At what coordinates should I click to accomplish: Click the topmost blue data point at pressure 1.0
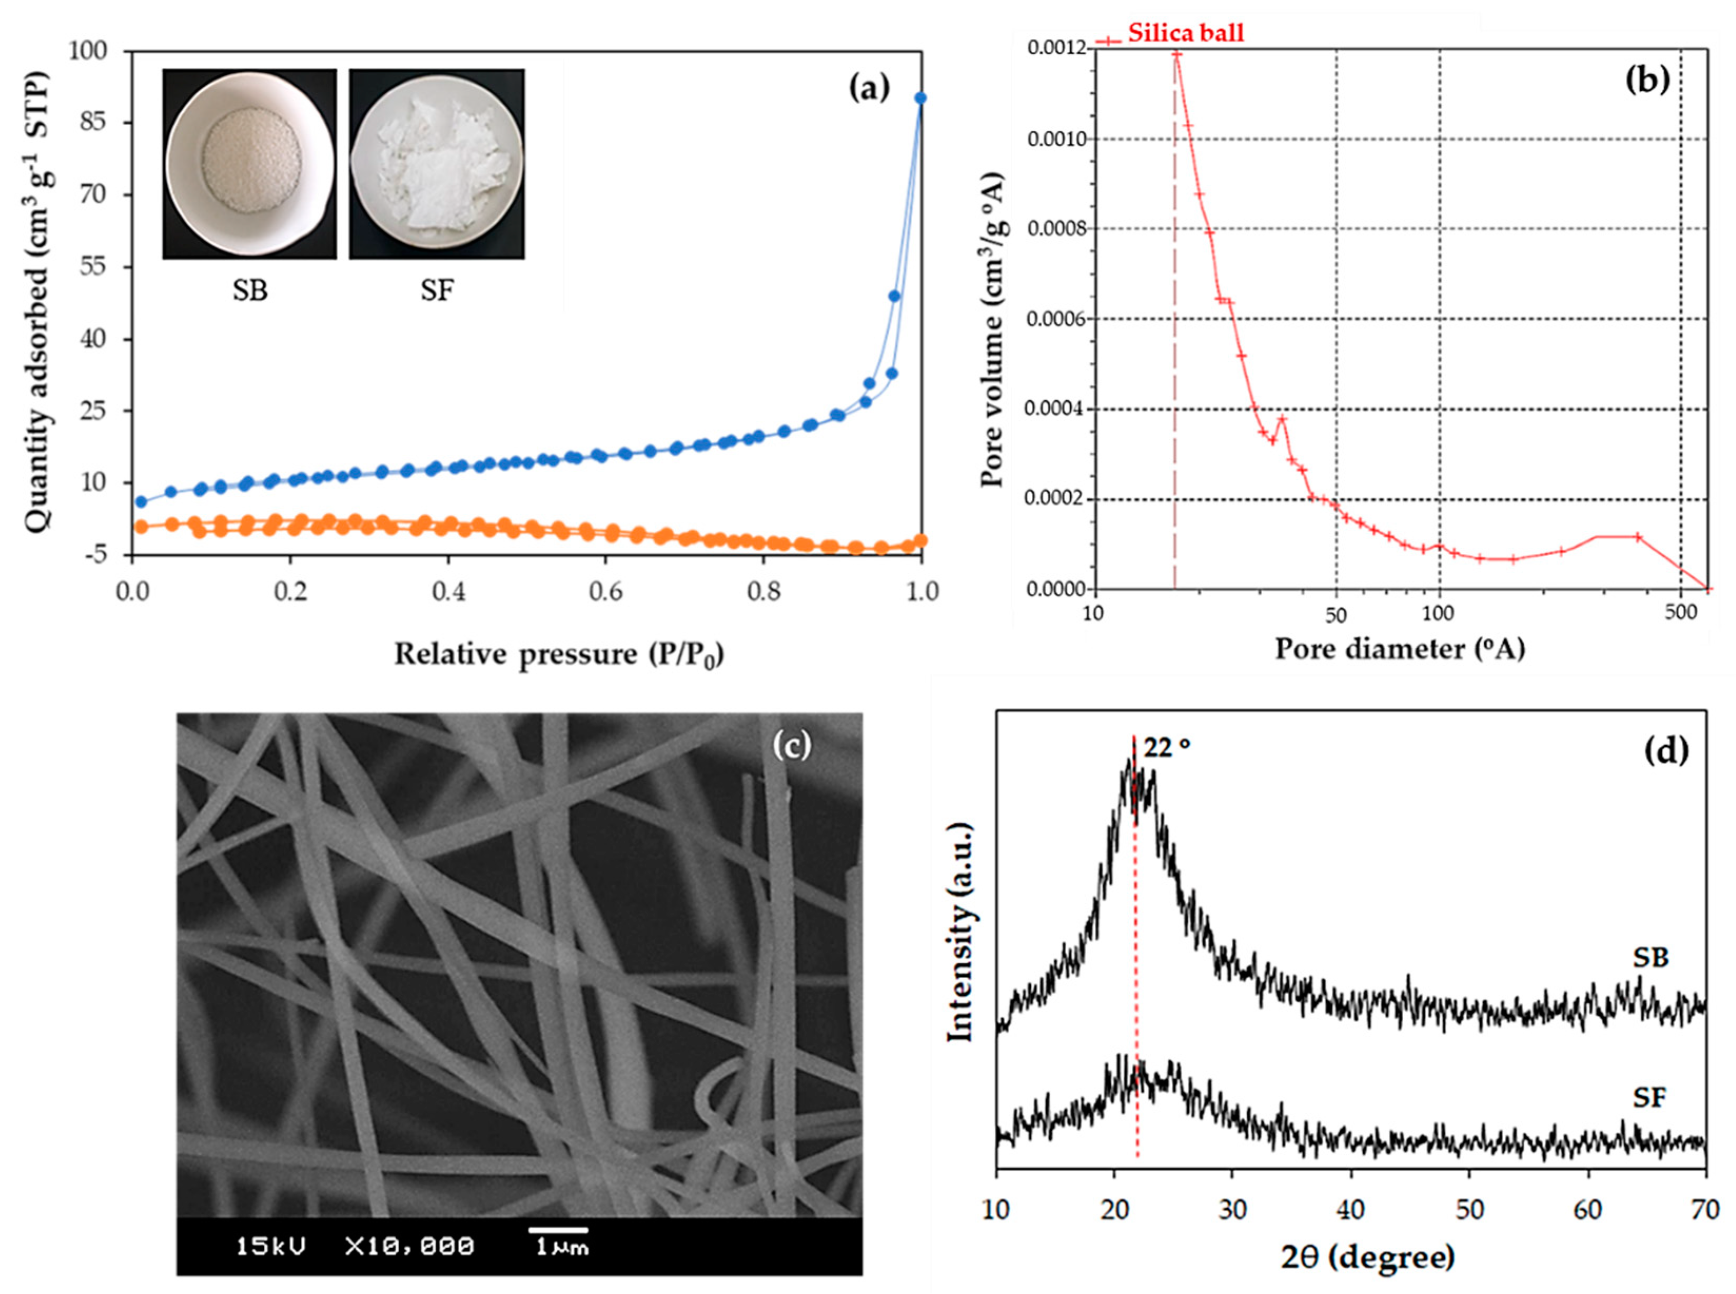tap(921, 98)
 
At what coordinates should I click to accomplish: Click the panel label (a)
tap(869, 88)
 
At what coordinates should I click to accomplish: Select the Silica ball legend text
tap(1185, 33)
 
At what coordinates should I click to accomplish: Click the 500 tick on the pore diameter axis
tap(1680, 612)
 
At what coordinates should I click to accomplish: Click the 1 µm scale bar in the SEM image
tap(558, 1231)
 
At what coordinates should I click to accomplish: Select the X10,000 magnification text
tap(409, 1246)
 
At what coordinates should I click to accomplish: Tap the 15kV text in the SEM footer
tap(271, 1246)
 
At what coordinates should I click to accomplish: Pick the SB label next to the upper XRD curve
tap(1650, 957)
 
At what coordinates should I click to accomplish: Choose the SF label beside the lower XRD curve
tap(1648, 1098)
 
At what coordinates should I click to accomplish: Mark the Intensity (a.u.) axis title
tap(961, 932)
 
